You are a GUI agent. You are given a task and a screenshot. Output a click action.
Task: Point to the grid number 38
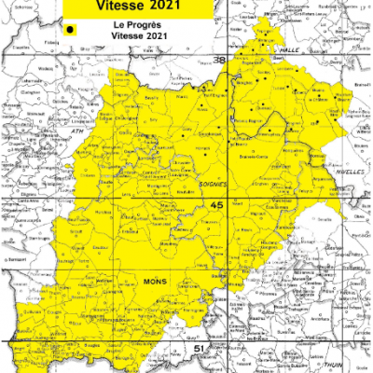[220, 61]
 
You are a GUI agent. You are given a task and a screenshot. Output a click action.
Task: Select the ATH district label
[78, 133]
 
